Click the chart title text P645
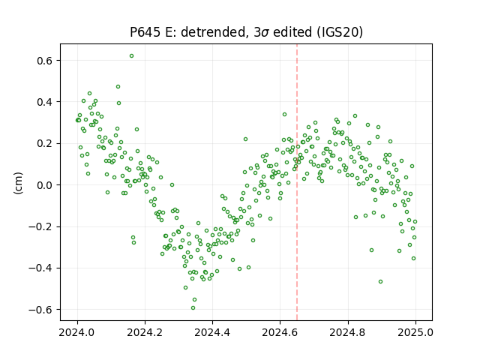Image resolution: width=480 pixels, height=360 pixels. (145, 32)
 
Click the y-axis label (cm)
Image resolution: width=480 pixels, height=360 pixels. (18, 183)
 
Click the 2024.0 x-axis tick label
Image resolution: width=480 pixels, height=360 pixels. (77, 332)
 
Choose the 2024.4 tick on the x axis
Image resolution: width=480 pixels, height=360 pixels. (212, 332)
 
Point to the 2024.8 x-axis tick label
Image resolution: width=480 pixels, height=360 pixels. (348, 332)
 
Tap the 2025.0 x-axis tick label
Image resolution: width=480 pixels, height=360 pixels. (415, 332)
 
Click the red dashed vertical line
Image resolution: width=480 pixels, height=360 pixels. (297, 182)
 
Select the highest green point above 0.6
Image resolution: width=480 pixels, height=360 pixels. (131, 56)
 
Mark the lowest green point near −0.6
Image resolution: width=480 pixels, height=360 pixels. (193, 308)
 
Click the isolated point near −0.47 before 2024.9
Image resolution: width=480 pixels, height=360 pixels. (380, 282)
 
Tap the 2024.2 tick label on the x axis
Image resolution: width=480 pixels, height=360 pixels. (145, 332)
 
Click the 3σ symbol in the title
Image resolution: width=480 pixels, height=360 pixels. (261, 32)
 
